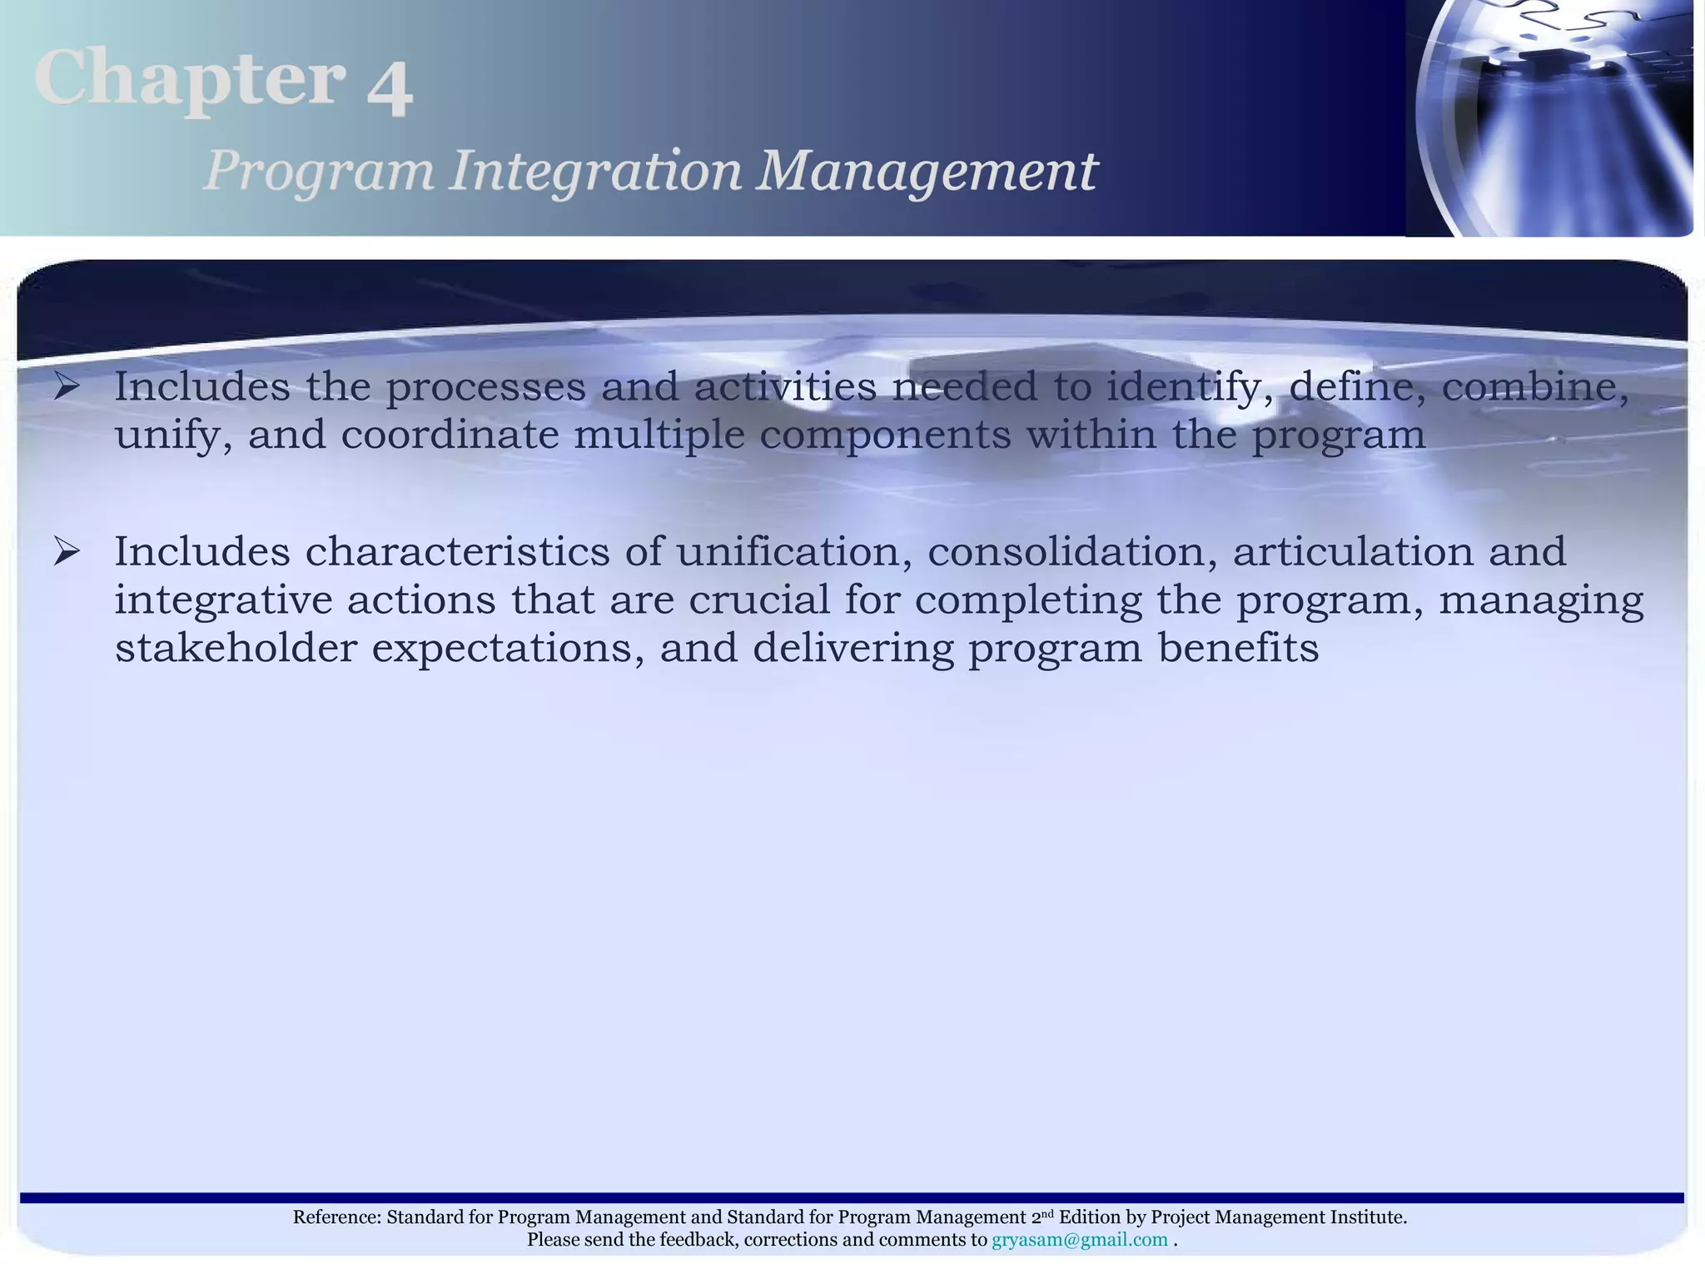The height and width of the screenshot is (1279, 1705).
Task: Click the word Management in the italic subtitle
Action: (x=926, y=172)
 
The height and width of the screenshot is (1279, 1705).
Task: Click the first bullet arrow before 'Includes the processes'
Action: (x=67, y=386)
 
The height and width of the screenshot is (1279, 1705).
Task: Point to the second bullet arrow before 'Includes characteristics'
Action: (x=67, y=551)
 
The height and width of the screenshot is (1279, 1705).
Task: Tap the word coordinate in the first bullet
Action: (x=450, y=435)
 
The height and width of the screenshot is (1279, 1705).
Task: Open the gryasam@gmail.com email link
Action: (x=1079, y=1240)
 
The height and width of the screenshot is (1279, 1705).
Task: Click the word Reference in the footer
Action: (x=336, y=1217)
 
